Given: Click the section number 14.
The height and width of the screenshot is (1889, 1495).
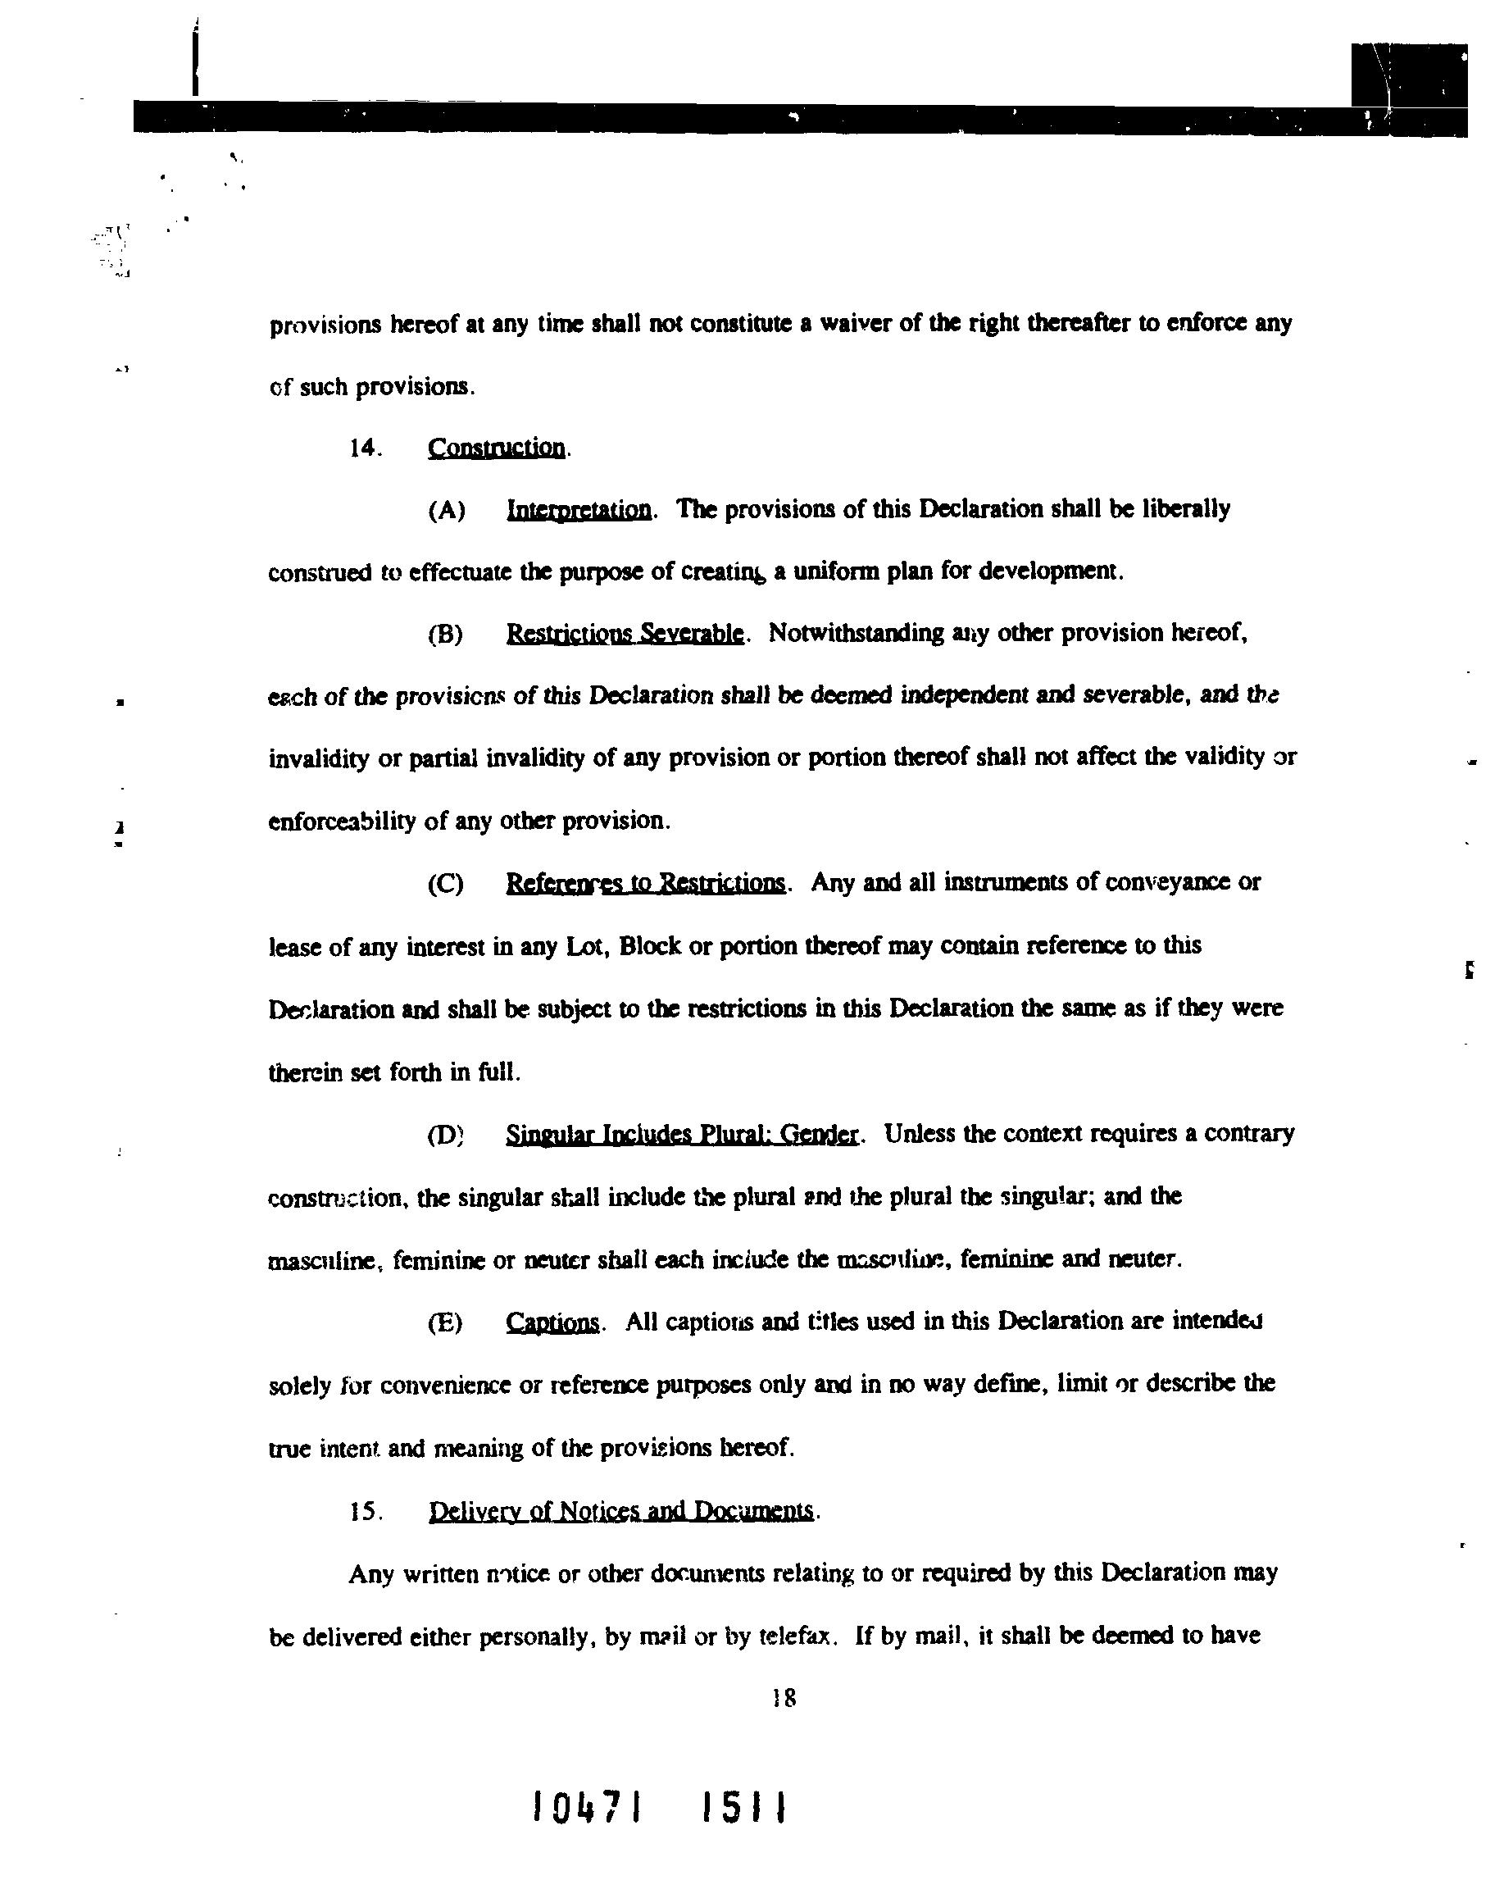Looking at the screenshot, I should [364, 449].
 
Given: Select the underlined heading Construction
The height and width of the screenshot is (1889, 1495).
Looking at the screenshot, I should [497, 448].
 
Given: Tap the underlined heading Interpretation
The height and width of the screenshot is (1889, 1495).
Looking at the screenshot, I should [579, 509].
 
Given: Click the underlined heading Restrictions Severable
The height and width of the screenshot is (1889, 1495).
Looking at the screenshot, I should [625, 633].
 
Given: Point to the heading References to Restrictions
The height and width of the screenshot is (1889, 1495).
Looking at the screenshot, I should [645, 882].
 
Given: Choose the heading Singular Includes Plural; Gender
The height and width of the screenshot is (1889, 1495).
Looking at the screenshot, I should [682, 1135].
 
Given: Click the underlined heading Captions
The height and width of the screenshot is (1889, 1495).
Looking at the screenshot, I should [552, 1322].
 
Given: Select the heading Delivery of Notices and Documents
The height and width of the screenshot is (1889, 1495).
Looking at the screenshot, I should [621, 1511].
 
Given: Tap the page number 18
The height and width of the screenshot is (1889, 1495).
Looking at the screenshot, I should [784, 1698].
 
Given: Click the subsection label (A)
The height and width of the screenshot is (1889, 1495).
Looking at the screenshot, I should [446, 510].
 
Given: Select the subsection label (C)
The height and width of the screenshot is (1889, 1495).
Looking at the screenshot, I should [446, 883].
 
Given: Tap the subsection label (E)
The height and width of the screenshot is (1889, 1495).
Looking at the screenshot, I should [445, 1322].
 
